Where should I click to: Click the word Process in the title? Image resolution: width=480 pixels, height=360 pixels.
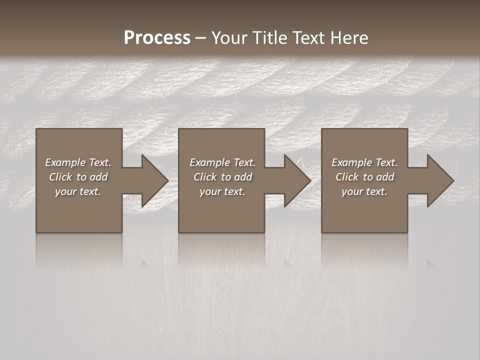coord(157,37)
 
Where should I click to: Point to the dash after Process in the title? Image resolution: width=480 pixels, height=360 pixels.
coord(200,38)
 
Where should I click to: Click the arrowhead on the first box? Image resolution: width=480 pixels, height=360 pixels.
coord(153,180)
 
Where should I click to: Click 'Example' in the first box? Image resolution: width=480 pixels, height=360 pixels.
coord(65,162)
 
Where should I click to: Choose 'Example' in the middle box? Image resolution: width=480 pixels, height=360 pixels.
coord(209,162)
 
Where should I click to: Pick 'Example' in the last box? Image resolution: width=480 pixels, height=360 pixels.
coord(351,162)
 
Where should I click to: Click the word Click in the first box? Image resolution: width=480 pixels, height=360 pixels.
coord(60,177)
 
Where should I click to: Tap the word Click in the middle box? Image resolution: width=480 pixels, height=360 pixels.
coord(205,177)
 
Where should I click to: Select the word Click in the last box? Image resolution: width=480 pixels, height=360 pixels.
coord(347,177)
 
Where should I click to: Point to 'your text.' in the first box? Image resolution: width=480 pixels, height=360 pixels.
coord(78,191)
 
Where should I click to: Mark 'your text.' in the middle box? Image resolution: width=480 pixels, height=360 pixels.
coord(222,191)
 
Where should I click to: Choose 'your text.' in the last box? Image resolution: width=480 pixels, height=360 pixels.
coord(364,191)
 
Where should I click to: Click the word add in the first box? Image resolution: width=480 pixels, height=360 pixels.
coord(99,177)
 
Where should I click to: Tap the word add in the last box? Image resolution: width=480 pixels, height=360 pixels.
coord(385,177)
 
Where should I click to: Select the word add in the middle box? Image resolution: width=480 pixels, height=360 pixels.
coord(243,177)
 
